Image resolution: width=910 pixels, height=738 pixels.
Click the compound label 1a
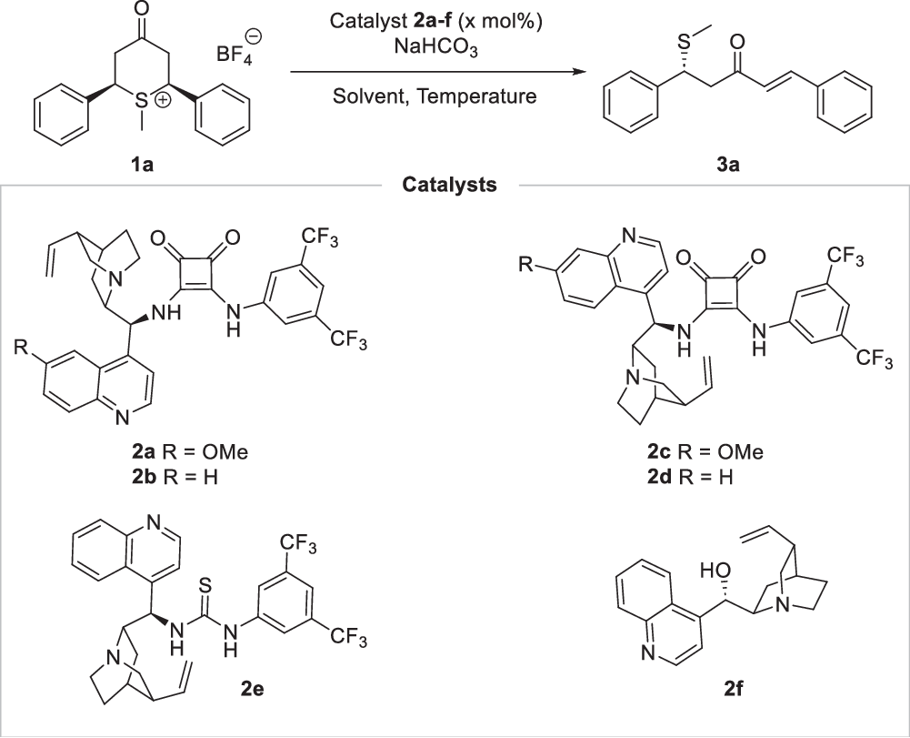[x=140, y=167]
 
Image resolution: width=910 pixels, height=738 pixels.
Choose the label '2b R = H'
[x=188, y=476]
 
